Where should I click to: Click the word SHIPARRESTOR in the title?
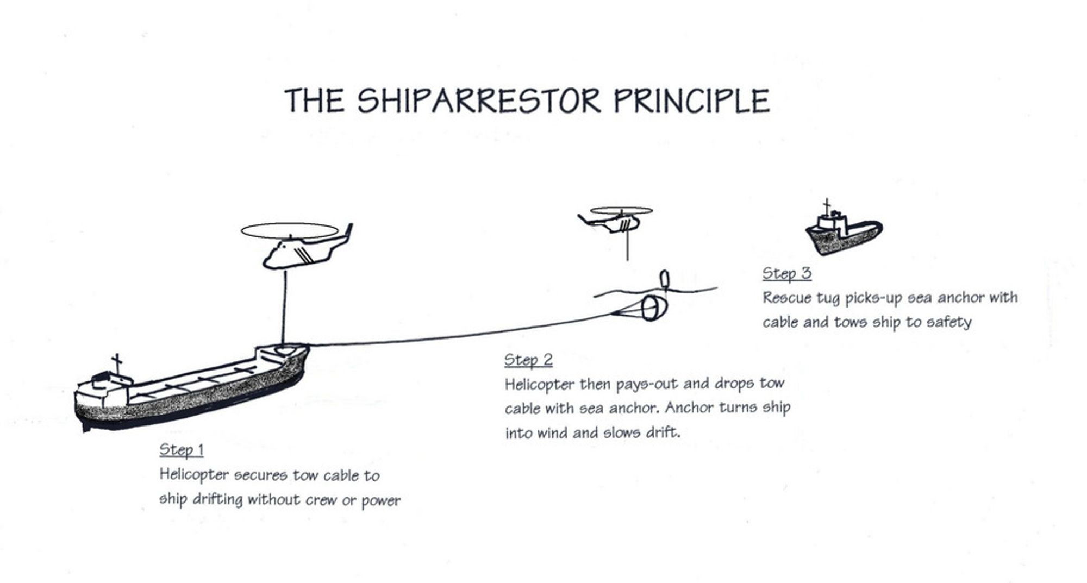pyautogui.click(x=479, y=101)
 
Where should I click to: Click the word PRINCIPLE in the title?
pyautogui.click(x=691, y=101)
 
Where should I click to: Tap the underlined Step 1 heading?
pyautogui.click(x=181, y=450)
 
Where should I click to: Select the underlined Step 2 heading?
pyautogui.click(x=528, y=360)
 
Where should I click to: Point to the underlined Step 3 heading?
pyautogui.click(x=786, y=273)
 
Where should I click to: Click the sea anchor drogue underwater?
pyautogui.click(x=652, y=308)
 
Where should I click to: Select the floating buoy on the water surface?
pyautogui.click(x=664, y=279)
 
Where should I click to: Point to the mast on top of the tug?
pyautogui.click(x=827, y=206)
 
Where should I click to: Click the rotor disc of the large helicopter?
pyautogui.click(x=289, y=230)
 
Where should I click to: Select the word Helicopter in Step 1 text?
pyautogui.click(x=194, y=475)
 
